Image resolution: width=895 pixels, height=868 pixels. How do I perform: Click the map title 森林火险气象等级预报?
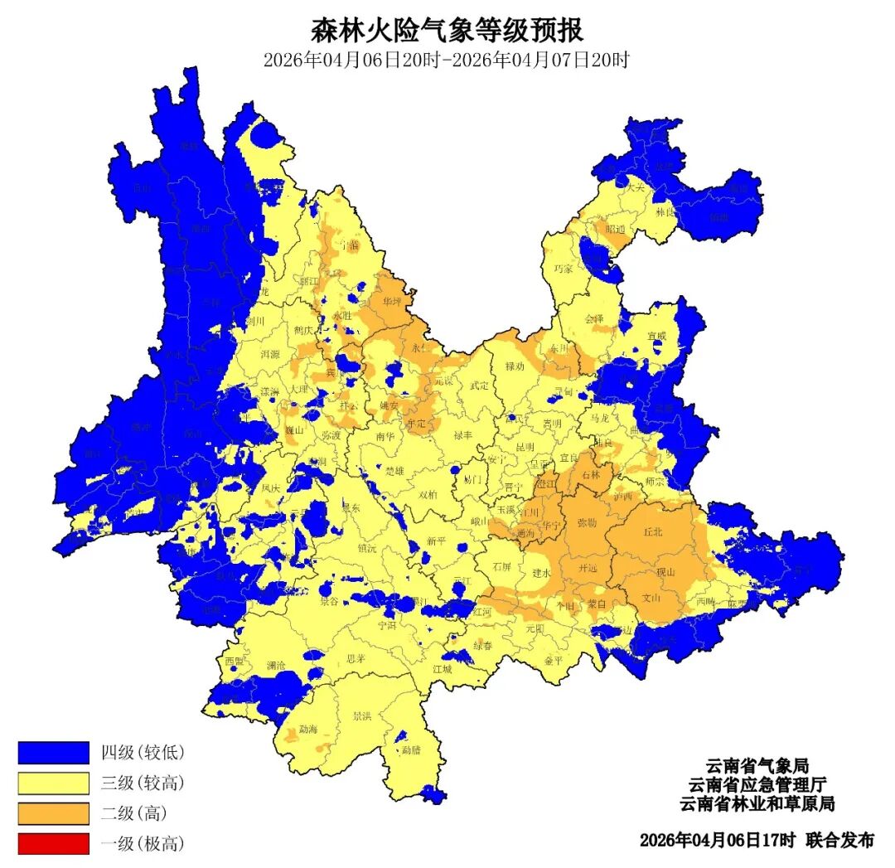447,31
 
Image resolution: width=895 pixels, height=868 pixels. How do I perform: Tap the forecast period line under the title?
447,61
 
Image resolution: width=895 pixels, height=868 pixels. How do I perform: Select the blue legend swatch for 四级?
53,752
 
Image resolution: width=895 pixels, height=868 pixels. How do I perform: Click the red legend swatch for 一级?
53,844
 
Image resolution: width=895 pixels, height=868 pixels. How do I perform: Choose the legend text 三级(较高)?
142,783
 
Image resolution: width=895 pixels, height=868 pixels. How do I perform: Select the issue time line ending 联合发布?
756,840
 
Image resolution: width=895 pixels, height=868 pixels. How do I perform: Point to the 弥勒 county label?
587,523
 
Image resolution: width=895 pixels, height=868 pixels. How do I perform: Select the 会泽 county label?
594,318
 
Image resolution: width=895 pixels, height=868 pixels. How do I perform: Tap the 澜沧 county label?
276,665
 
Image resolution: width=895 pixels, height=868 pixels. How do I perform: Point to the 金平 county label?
554,660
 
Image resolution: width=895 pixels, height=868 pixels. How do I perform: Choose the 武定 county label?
479,385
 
